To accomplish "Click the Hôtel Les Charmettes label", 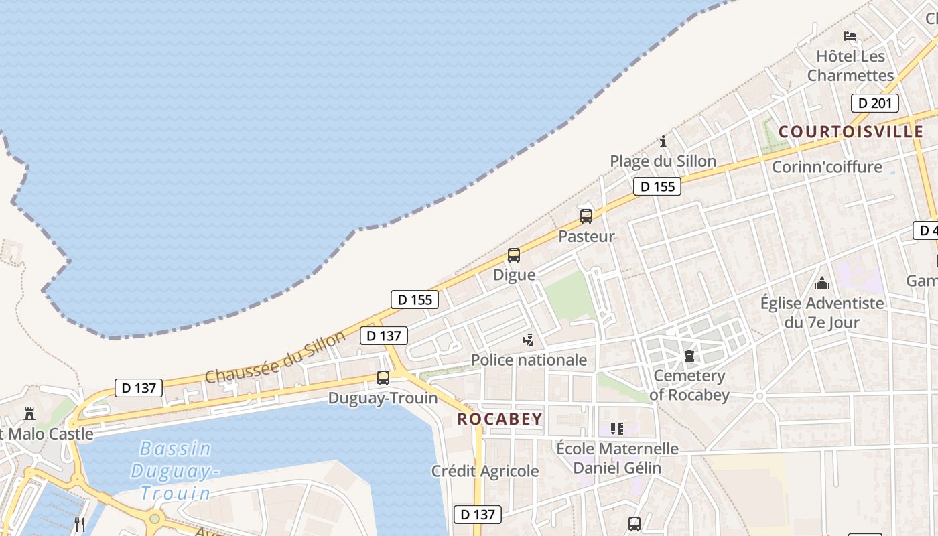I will pyautogui.click(x=850, y=66).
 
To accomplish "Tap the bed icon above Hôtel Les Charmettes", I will pyautogui.click(x=850, y=36).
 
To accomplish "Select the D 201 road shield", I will pyautogui.click(x=874, y=103).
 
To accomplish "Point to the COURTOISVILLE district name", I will pyautogui.click(x=851, y=131).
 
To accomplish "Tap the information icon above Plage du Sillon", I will pyautogui.click(x=663, y=141).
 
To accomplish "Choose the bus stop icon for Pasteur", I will pyautogui.click(x=586, y=216).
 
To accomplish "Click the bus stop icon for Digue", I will pyautogui.click(x=514, y=255).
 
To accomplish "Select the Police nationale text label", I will pyautogui.click(x=529, y=360).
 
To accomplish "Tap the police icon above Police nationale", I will pyautogui.click(x=529, y=340).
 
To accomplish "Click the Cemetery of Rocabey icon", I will pyautogui.click(x=689, y=356).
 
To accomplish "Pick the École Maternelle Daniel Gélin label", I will pyautogui.click(x=617, y=458).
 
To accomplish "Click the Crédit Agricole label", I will pyautogui.click(x=485, y=471).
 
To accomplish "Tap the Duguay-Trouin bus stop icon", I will pyautogui.click(x=383, y=378).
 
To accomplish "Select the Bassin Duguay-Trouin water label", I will pyautogui.click(x=176, y=470).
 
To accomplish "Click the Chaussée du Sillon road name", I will pyautogui.click(x=275, y=356).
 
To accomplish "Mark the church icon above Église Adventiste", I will pyautogui.click(x=822, y=283).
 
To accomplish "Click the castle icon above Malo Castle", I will pyautogui.click(x=29, y=414).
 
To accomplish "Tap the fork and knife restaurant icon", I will pyautogui.click(x=80, y=524).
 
